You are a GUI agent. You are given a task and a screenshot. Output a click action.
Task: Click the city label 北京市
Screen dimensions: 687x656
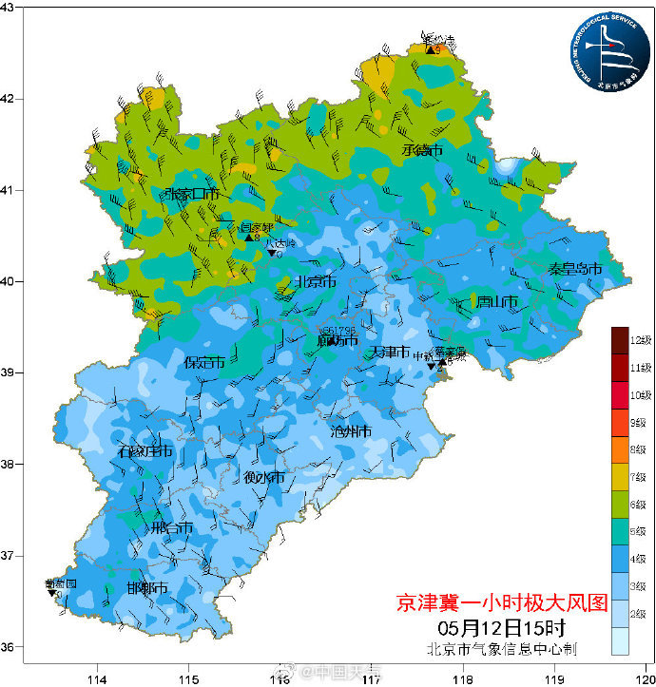(x=314, y=282)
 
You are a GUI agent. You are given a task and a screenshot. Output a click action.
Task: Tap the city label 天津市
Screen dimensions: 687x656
(x=390, y=353)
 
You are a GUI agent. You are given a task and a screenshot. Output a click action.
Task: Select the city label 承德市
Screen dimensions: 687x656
(x=422, y=150)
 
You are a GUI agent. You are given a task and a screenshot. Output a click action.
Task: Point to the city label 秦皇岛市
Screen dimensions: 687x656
(x=575, y=270)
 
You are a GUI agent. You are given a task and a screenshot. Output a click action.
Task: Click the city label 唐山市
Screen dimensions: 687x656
(x=497, y=302)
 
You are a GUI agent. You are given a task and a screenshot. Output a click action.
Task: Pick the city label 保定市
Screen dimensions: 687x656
(x=204, y=362)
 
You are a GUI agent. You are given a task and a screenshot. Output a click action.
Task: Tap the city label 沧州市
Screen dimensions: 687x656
(x=350, y=431)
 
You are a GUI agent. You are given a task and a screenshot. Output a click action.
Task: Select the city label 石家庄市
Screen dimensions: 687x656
(x=145, y=452)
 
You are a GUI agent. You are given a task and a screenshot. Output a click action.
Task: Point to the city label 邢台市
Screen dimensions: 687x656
(x=172, y=528)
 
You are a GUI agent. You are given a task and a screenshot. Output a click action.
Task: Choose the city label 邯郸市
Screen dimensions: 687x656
(x=147, y=589)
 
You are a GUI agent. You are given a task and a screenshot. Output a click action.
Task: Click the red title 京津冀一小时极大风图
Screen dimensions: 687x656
(x=501, y=603)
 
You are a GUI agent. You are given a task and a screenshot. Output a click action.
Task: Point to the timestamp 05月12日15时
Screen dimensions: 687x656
(x=501, y=628)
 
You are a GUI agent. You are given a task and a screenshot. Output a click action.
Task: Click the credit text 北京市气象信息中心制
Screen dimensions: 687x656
(x=501, y=650)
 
